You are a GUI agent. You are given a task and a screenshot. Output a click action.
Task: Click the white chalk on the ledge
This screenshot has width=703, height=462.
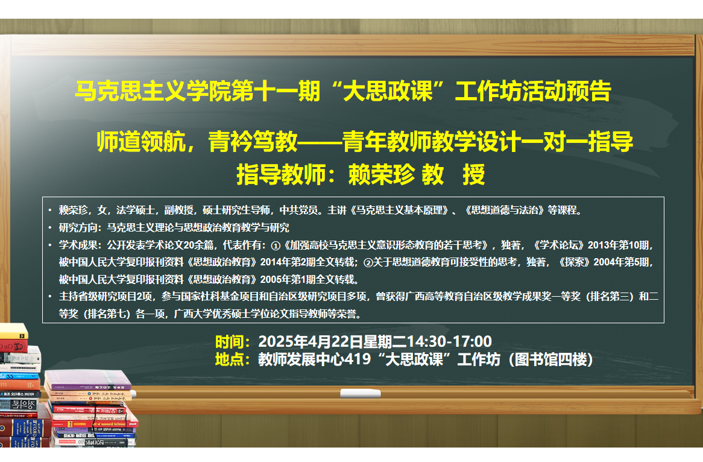click(x=361, y=393)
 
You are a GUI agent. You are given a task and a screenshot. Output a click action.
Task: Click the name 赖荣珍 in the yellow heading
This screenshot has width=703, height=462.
click(x=382, y=174)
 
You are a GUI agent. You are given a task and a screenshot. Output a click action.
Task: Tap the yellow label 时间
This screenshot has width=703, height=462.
click(x=229, y=342)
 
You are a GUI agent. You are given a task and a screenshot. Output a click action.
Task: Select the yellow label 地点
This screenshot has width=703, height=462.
click(x=229, y=359)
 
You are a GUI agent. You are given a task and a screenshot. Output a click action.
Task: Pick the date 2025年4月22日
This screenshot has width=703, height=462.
click(x=311, y=342)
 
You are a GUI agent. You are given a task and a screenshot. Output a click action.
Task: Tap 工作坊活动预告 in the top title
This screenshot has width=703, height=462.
click(x=533, y=91)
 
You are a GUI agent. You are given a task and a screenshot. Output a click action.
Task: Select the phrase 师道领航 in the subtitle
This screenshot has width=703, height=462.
click(x=141, y=142)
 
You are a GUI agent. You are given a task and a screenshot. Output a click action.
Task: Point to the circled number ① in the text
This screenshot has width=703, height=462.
click(x=276, y=246)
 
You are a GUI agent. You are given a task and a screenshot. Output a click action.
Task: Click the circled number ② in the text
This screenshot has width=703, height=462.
click(x=368, y=263)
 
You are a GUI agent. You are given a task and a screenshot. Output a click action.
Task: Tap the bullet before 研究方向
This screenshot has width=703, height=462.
click(x=50, y=227)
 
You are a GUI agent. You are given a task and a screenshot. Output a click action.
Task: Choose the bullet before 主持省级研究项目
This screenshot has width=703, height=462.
click(x=50, y=297)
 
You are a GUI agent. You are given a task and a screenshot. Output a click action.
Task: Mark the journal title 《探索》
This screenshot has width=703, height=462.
click(x=574, y=262)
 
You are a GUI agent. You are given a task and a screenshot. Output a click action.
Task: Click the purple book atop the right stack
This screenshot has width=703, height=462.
click(x=88, y=380)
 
